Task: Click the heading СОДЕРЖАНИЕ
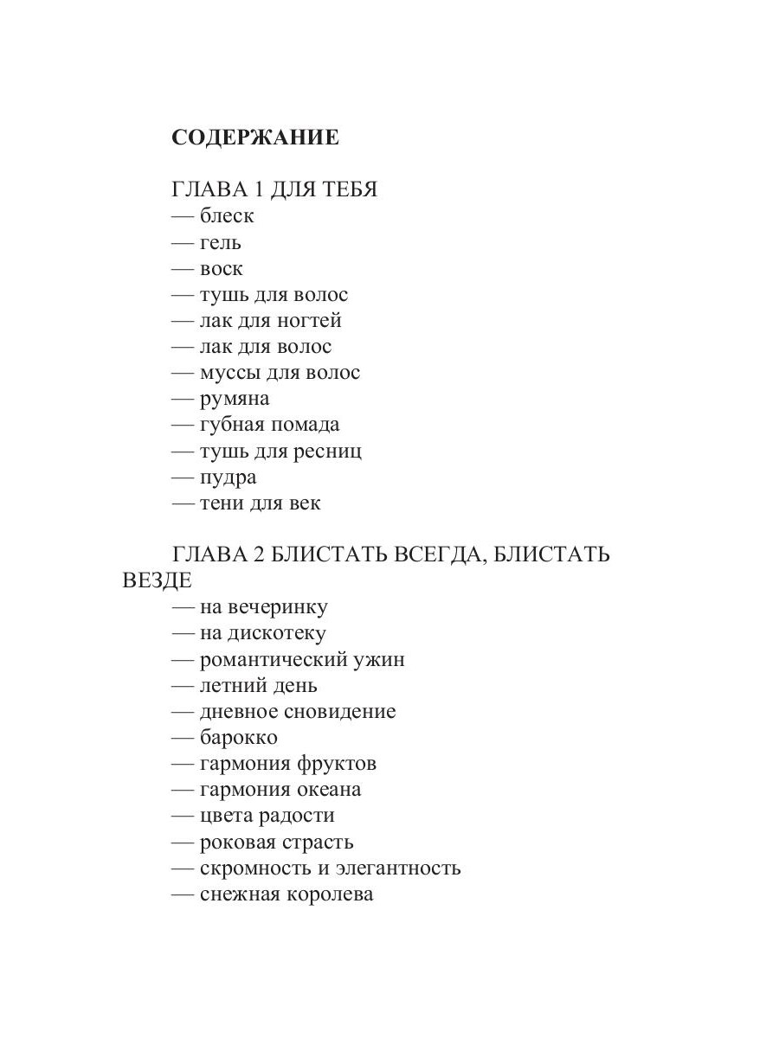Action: pyautogui.click(x=255, y=138)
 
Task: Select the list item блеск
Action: pyautogui.click(x=227, y=216)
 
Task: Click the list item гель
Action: pyautogui.click(x=221, y=242)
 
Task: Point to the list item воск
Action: pyautogui.click(x=222, y=269)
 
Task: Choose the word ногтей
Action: pyautogui.click(x=309, y=321)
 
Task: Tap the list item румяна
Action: pyautogui.click(x=235, y=399)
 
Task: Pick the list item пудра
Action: pyautogui.click(x=229, y=477)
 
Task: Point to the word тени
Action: pyautogui.click(x=222, y=503)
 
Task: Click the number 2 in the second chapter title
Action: pyautogui.click(x=259, y=554)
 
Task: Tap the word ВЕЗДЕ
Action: pyautogui.click(x=157, y=580)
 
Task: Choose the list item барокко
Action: pyautogui.click(x=239, y=738)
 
